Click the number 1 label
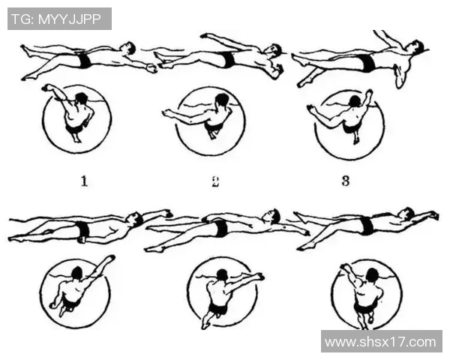(84, 181)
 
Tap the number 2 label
(215, 181)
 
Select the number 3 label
(346, 181)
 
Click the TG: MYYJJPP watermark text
(56, 19)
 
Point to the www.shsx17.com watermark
(380, 342)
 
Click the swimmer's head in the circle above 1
(82, 98)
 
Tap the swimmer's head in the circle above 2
(221, 100)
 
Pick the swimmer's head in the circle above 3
(355, 101)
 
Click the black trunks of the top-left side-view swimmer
(84, 61)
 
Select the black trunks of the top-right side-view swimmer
(368, 63)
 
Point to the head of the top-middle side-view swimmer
(274, 49)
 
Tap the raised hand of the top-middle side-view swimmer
(204, 36)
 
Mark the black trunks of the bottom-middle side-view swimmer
(220, 228)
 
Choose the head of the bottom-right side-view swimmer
(407, 213)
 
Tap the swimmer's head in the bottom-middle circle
(222, 275)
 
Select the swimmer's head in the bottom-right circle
(372, 274)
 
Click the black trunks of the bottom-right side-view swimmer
(367, 226)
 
